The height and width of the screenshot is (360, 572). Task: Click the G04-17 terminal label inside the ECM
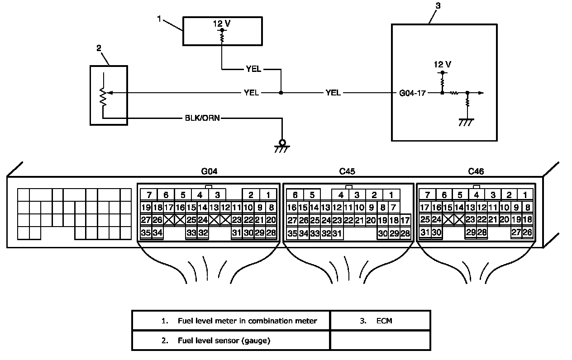[412, 93]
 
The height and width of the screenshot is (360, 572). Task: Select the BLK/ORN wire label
[202, 118]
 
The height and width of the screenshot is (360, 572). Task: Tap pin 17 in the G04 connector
[168, 208]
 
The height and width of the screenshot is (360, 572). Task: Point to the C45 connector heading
[347, 171]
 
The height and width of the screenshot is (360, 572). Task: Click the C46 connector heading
[476, 171]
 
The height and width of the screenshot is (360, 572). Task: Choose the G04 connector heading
[209, 171]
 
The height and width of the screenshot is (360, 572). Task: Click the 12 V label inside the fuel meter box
[222, 24]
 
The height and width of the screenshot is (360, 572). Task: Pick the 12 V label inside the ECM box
[443, 64]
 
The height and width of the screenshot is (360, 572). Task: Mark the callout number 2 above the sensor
[99, 48]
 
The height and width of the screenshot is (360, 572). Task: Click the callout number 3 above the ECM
[438, 6]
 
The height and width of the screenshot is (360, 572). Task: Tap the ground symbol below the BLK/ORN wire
[282, 146]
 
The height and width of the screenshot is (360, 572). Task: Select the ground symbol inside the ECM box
[466, 123]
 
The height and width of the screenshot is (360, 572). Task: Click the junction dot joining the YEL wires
[281, 93]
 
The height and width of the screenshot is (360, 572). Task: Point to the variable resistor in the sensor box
[103, 96]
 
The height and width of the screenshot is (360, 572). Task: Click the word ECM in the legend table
[384, 321]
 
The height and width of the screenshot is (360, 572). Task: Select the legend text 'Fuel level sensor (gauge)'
[224, 341]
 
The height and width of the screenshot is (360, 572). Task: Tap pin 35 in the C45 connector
[292, 233]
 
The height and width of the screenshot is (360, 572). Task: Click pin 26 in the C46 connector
[527, 232]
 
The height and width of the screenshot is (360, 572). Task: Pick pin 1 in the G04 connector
[268, 195]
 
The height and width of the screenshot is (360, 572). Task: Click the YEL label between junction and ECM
[333, 93]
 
